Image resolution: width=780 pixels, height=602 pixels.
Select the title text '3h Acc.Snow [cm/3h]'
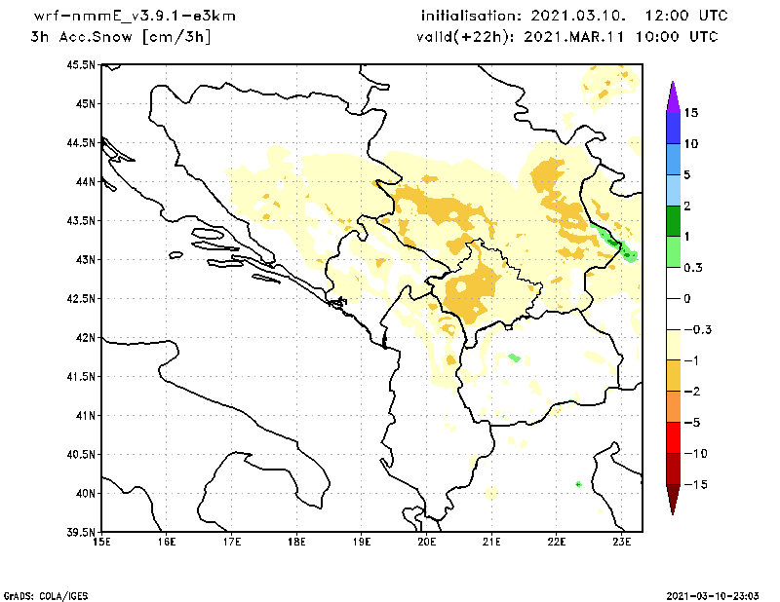[x=120, y=37]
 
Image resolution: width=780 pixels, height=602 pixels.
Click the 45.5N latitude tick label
[x=80, y=65]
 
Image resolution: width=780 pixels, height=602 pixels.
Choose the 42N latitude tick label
[x=84, y=338]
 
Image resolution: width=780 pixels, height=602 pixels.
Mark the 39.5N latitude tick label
[x=80, y=533]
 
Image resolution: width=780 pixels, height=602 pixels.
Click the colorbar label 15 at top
[x=690, y=113]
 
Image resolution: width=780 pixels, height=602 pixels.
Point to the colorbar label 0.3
[x=692, y=267]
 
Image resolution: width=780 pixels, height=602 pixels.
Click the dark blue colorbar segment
[x=672, y=128]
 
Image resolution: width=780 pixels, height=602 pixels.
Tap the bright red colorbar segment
[x=672, y=437]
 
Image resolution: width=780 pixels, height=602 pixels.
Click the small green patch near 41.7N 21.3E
[x=514, y=357]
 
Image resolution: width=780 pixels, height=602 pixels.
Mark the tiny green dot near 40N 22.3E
[x=579, y=483]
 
